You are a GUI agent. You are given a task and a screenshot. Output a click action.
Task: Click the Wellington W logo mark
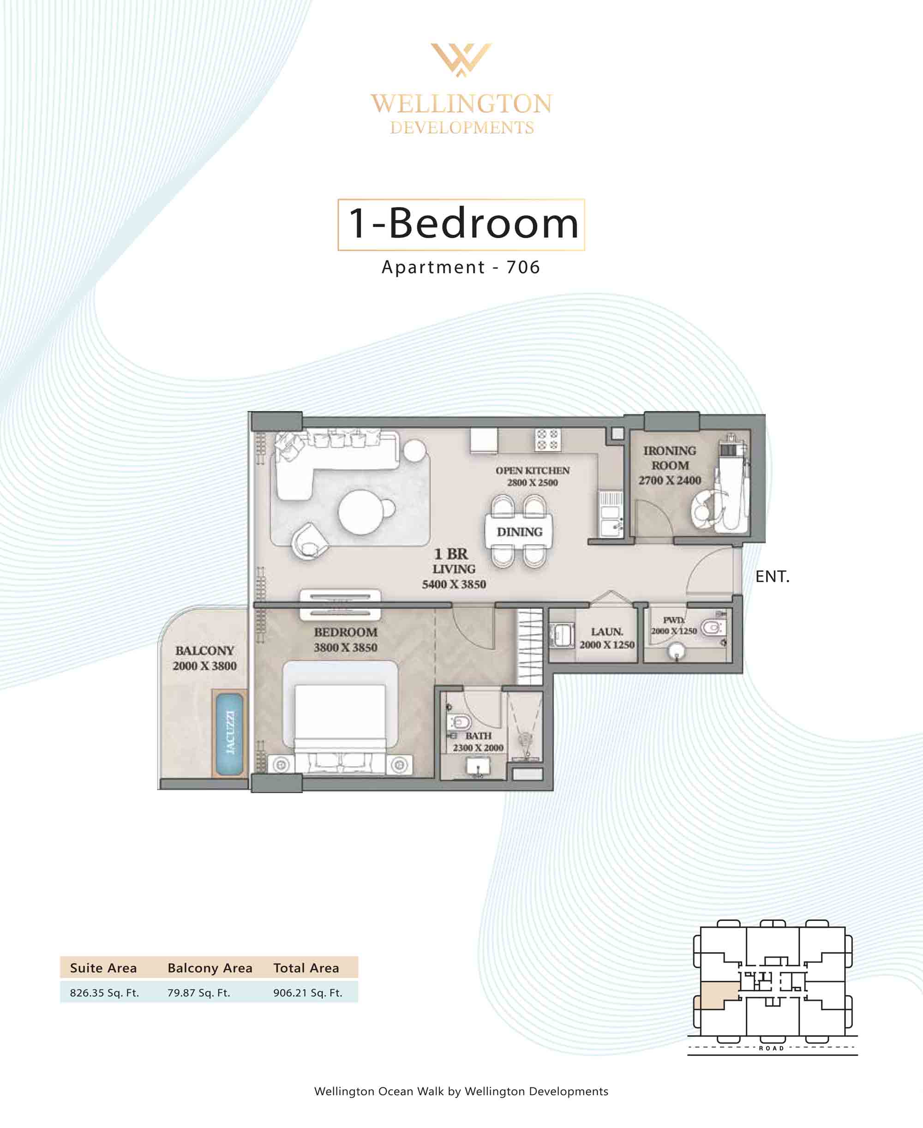(461, 60)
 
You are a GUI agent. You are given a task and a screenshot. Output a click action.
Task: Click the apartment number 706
(523, 267)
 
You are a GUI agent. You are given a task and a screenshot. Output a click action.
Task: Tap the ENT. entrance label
(772, 577)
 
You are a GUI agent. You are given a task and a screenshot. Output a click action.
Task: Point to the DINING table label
(520, 532)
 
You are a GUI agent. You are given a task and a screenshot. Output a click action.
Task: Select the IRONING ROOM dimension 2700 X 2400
(669, 480)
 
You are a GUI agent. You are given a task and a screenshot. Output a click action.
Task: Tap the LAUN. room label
(607, 631)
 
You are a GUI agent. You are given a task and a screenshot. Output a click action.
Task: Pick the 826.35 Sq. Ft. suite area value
(104, 992)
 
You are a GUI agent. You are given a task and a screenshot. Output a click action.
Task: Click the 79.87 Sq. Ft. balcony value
(199, 992)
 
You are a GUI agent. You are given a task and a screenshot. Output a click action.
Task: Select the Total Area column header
(306, 968)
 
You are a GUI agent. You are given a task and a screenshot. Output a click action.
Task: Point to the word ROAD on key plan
(772, 1048)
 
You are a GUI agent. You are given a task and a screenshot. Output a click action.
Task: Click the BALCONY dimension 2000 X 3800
(205, 666)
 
